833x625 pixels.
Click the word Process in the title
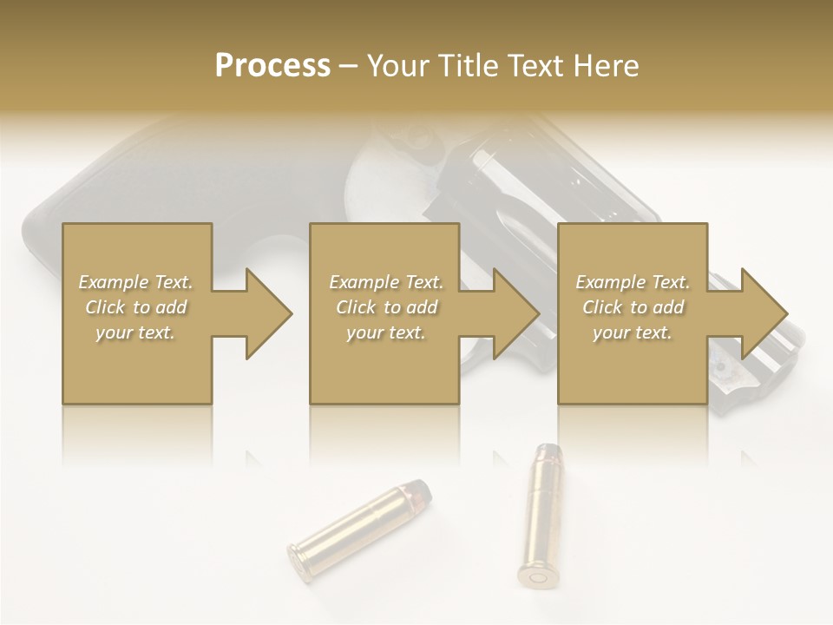point(272,66)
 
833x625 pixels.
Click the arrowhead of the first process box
point(269,313)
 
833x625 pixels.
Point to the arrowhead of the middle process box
point(516,313)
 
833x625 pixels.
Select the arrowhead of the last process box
point(764,313)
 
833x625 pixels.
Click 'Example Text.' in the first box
point(135,282)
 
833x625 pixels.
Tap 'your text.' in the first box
point(135,332)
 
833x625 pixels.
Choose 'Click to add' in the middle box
point(385,307)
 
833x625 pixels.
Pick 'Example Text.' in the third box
point(632,282)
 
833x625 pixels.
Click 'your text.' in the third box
point(632,332)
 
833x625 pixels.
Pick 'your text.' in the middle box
point(385,332)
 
